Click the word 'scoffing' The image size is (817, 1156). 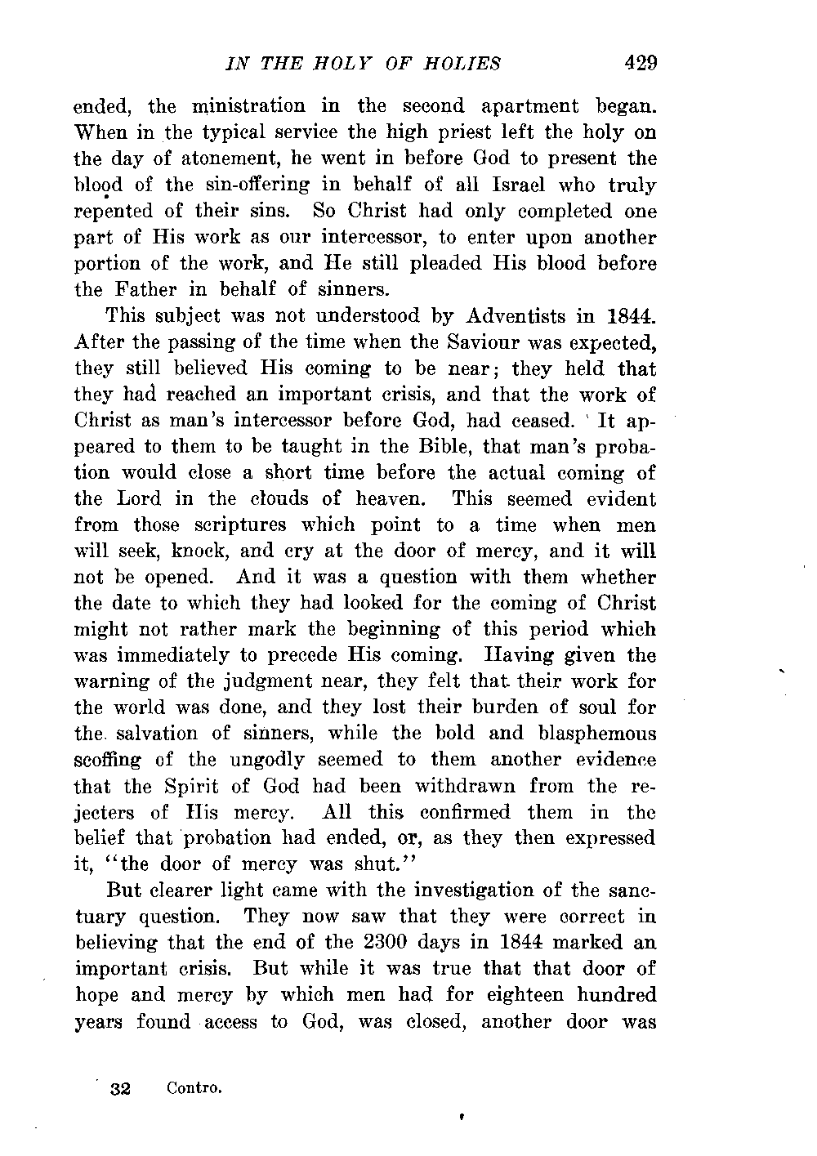click(108, 760)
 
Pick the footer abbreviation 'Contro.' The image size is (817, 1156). click(194, 1088)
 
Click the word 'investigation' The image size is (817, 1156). click(452, 890)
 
